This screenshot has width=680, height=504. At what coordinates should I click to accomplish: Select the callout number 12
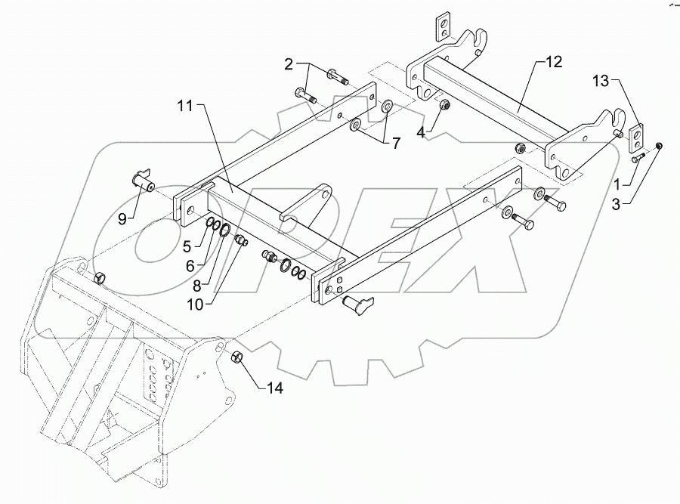tap(554, 63)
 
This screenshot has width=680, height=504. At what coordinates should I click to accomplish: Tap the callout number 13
tap(599, 81)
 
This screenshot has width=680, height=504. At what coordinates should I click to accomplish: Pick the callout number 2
tap(288, 64)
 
